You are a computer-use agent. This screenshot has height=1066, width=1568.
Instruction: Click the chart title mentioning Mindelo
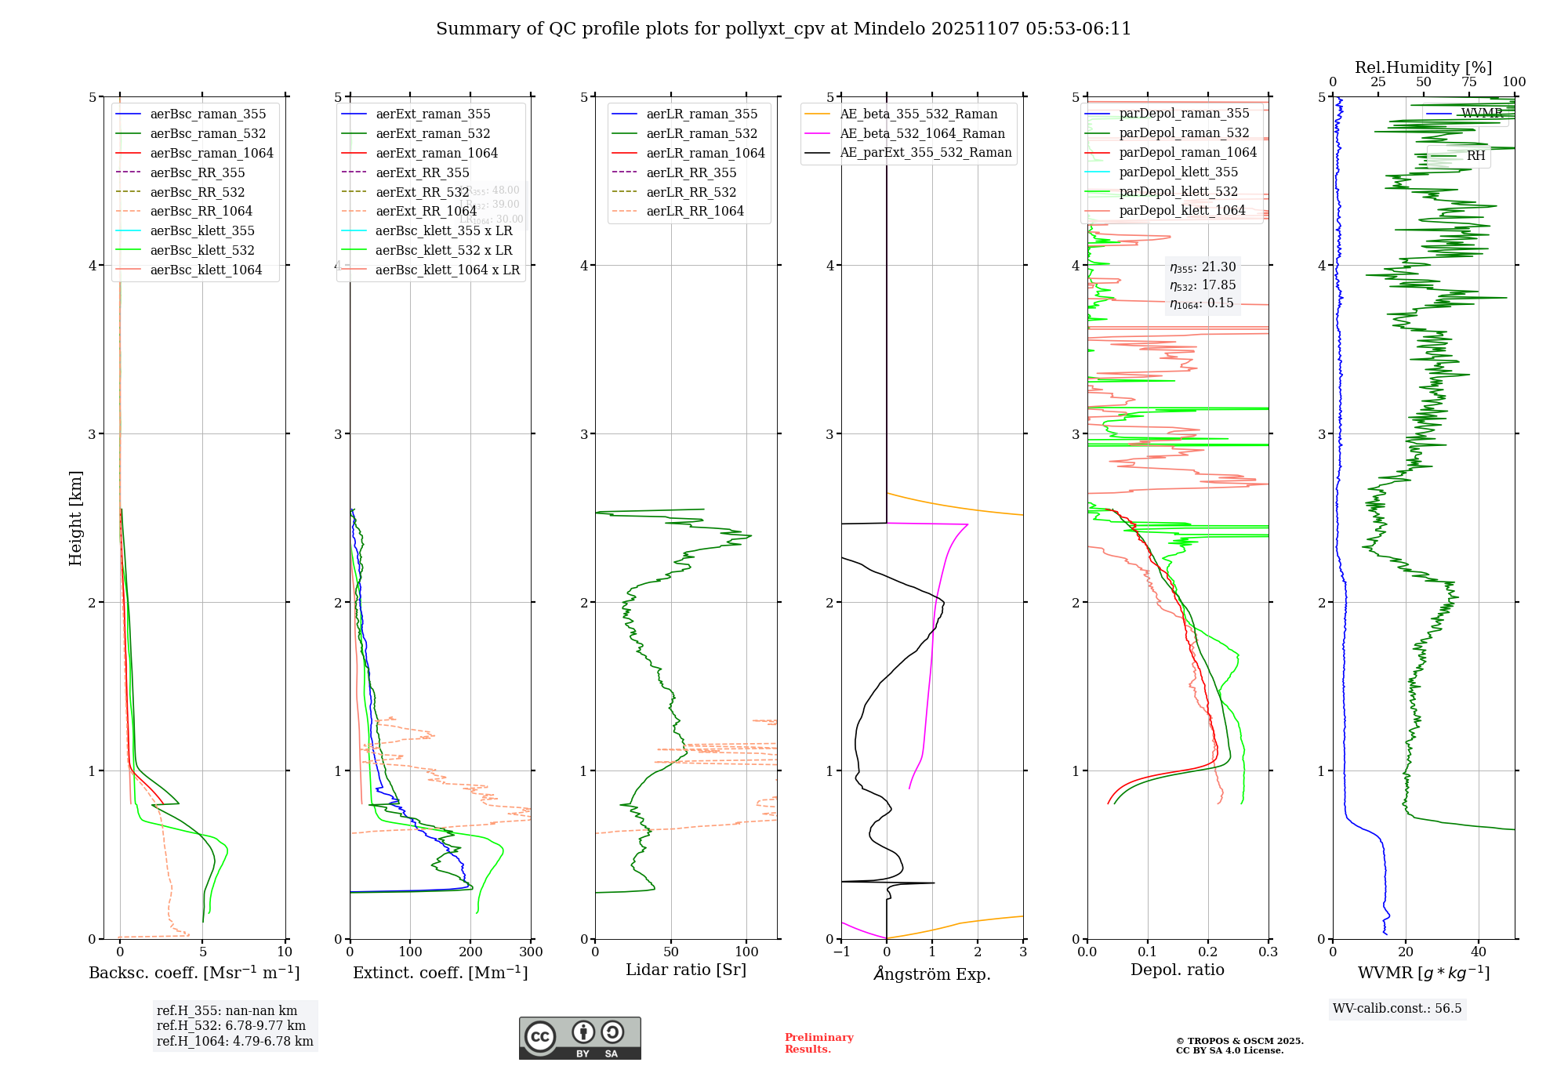point(783,29)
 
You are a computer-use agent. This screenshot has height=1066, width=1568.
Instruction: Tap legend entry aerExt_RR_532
point(423,192)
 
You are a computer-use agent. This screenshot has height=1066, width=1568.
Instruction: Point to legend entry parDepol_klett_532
point(1178,191)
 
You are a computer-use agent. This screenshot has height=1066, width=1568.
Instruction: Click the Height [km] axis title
point(75,518)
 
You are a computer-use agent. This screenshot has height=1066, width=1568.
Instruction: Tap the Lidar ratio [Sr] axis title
point(686,970)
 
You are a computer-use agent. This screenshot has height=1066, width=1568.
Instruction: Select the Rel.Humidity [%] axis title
point(1423,67)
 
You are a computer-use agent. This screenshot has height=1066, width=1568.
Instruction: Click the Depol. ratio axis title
point(1177,970)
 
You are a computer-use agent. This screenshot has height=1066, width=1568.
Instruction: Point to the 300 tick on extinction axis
point(531,952)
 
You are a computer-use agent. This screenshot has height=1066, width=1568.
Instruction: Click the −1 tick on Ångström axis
point(841,952)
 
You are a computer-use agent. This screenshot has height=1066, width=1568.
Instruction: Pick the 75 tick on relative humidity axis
point(1468,82)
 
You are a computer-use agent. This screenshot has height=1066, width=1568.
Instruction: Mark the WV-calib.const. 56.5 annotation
point(1397,1008)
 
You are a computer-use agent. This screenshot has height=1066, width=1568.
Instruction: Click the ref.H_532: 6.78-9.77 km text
point(230,1025)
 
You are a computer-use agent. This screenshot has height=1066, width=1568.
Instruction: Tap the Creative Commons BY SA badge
point(579,1038)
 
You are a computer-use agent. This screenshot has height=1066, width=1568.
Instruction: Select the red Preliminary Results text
point(818,1042)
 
